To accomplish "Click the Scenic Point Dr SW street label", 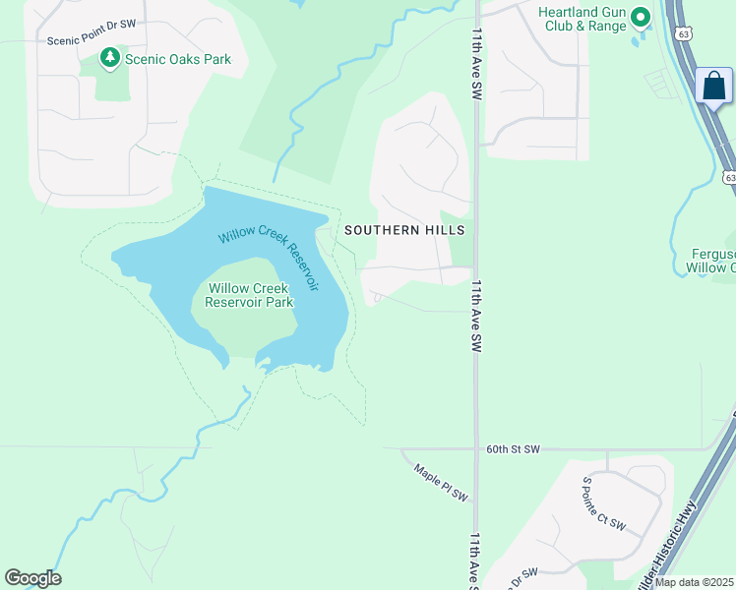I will point(91,40).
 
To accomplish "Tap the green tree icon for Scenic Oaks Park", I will point(110,60).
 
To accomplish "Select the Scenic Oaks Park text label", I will point(178,60).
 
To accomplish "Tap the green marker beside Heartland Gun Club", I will point(642,17).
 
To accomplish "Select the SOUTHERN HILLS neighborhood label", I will point(404,229).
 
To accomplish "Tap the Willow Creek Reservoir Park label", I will point(250,295).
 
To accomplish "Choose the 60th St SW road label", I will point(514,449).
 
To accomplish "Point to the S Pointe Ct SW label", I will point(603,504).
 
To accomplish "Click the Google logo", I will point(32,578).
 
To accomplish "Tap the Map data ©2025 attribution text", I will point(694,582).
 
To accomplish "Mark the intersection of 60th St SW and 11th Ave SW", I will point(476,449).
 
